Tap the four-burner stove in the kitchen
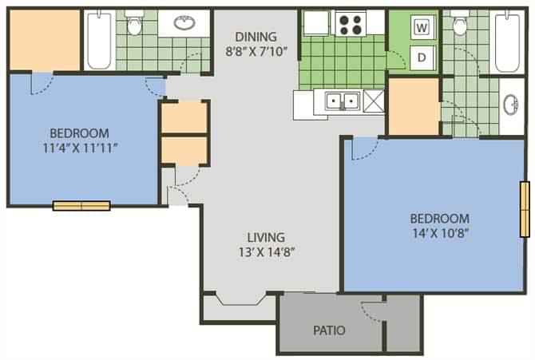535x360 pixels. click(348, 24)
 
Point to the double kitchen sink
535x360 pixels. click(341, 101)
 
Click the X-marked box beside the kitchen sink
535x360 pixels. click(373, 101)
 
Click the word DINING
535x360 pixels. click(256, 36)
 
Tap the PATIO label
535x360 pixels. click(329, 329)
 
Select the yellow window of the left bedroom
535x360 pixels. click(81, 205)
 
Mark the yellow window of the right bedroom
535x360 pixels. click(524, 209)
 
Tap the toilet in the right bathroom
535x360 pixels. click(459, 26)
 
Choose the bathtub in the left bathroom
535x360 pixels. click(101, 40)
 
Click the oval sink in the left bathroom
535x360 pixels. click(185, 24)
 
